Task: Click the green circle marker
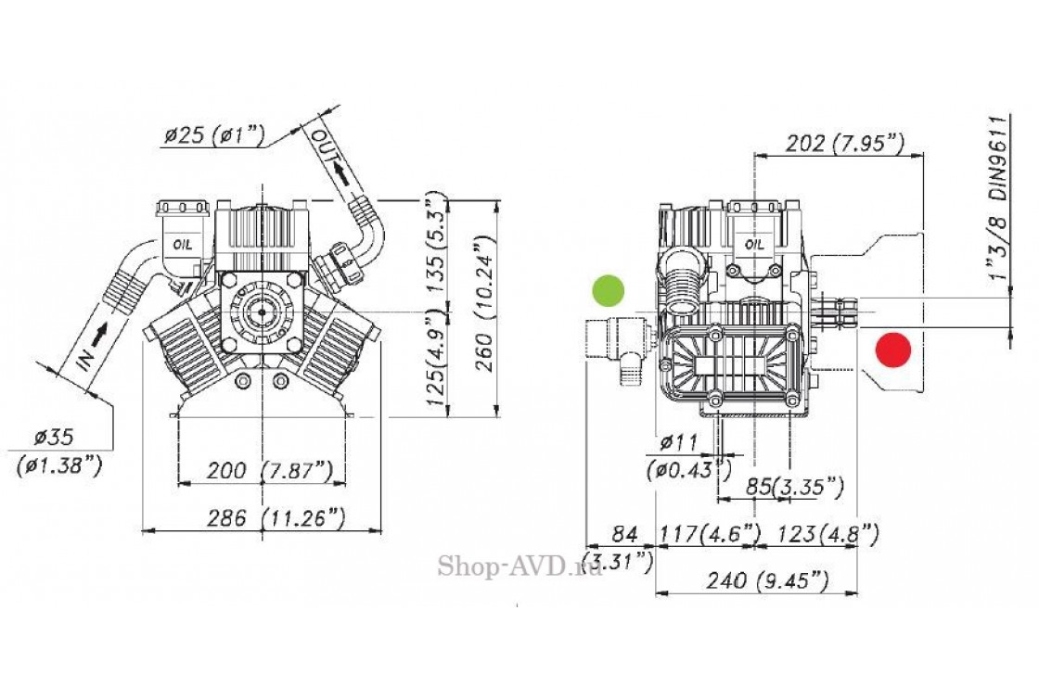click(x=609, y=290)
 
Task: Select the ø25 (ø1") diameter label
click(x=212, y=135)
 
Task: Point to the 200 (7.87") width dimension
click(x=255, y=471)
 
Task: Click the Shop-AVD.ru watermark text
click(x=519, y=566)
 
